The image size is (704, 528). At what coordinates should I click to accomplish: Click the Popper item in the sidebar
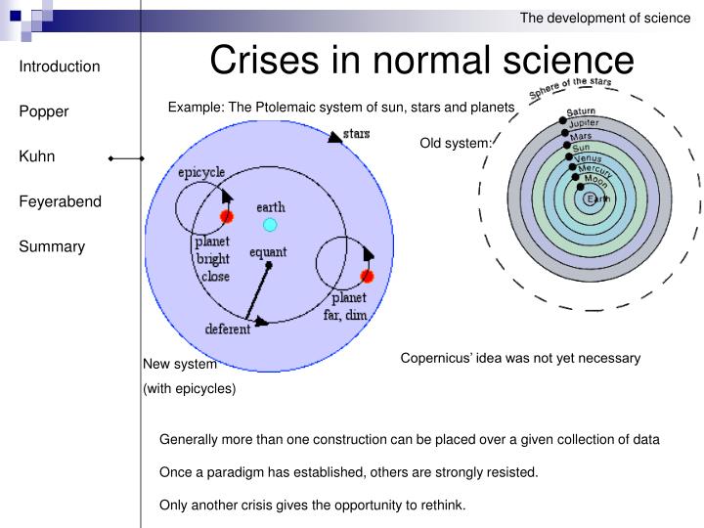44,111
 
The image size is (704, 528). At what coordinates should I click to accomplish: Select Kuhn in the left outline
37,156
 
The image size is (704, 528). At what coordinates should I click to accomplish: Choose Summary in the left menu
52,246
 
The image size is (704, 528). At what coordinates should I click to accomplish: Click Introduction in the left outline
60,66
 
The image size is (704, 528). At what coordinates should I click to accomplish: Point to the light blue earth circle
270,225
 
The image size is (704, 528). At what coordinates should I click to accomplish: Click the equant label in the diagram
268,252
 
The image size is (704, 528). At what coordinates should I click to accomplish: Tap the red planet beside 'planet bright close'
227,216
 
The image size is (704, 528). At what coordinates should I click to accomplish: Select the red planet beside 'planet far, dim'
368,277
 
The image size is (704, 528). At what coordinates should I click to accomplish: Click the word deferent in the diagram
227,330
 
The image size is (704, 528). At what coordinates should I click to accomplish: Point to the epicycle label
201,172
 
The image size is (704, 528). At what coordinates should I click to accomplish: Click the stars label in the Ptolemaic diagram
356,133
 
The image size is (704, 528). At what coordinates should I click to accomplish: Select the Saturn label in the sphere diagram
581,112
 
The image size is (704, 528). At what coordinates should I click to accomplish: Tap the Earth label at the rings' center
597,199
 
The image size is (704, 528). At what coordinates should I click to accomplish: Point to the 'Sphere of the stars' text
570,89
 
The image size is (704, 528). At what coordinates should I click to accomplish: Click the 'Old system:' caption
456,144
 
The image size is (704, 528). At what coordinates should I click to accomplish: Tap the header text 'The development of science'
604,17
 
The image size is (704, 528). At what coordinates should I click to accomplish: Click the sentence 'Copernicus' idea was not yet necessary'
520,358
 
